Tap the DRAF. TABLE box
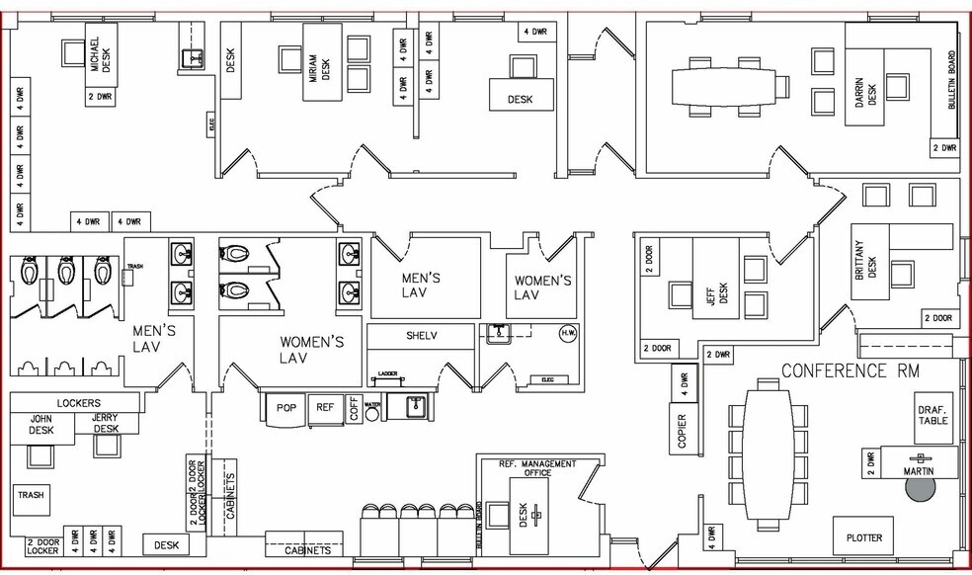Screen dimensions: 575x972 click(x=933, y=414)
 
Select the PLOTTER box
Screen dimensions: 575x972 click(x=863, y=537)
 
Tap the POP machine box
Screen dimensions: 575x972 click(x=286, y=407)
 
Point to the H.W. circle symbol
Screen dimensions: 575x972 click(x=567, y=333)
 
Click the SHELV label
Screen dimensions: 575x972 click(x=421, y=335)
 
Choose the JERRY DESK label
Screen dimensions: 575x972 click(x=106, y=422)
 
